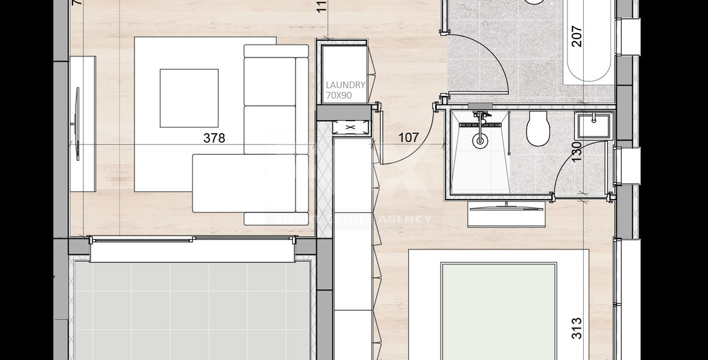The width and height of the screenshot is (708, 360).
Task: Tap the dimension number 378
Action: coord(214,138)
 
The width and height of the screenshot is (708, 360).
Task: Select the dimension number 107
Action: coord(409,137)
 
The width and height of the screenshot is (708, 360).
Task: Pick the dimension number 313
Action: coord(577,328)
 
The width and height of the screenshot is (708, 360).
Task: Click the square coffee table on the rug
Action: coord(188,98)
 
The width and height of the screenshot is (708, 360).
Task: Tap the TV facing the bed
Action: coord(507,207)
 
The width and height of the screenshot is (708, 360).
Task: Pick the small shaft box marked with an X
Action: coord(350,127)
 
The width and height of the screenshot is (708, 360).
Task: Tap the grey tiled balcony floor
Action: coord(192,312)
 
